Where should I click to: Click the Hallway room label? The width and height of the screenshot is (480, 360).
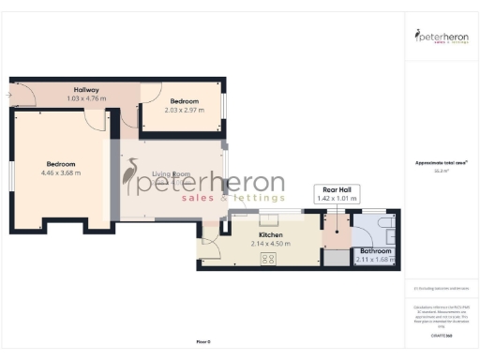(87, 90)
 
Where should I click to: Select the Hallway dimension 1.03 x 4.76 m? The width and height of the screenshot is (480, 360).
(87, 98)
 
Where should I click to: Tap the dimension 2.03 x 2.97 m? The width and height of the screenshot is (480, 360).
(184, 109)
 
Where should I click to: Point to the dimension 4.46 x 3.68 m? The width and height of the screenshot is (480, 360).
(61, 172)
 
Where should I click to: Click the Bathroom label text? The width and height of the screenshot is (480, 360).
(375, 251)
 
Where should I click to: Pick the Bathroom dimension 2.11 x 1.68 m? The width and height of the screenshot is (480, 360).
(375, 260)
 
